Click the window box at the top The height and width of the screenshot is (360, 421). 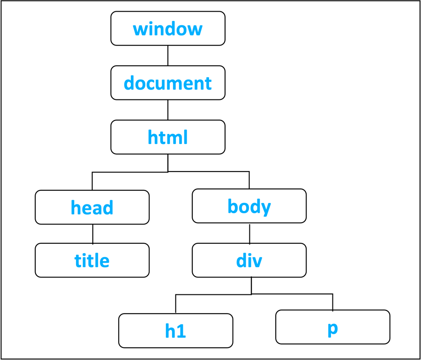pos(168,29)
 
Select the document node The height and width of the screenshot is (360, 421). pos(168,83)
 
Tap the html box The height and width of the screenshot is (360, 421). pos(168,137)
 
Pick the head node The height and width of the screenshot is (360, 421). pos(92,207)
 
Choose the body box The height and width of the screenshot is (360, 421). pos(249,206)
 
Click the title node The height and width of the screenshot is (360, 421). pos(92,260)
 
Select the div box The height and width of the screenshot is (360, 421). pos(249,260)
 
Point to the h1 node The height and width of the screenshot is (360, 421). pos(175,331)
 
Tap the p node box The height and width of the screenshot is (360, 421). pos(332,327)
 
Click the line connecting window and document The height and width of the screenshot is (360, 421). pos(168,55)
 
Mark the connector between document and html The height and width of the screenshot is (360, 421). pos(168,110)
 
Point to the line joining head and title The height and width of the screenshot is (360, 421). pos(92,233)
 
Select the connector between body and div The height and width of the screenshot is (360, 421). pos(249,233)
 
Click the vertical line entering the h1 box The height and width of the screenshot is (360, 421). pos(176,304)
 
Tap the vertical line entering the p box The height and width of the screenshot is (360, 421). pos(332,302)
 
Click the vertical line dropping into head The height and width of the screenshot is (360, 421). pos(92,181)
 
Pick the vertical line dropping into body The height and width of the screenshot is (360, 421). pos(249,180)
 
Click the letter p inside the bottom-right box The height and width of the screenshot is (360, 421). pos(332,328)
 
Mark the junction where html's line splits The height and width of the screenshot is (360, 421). pos(168,172)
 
